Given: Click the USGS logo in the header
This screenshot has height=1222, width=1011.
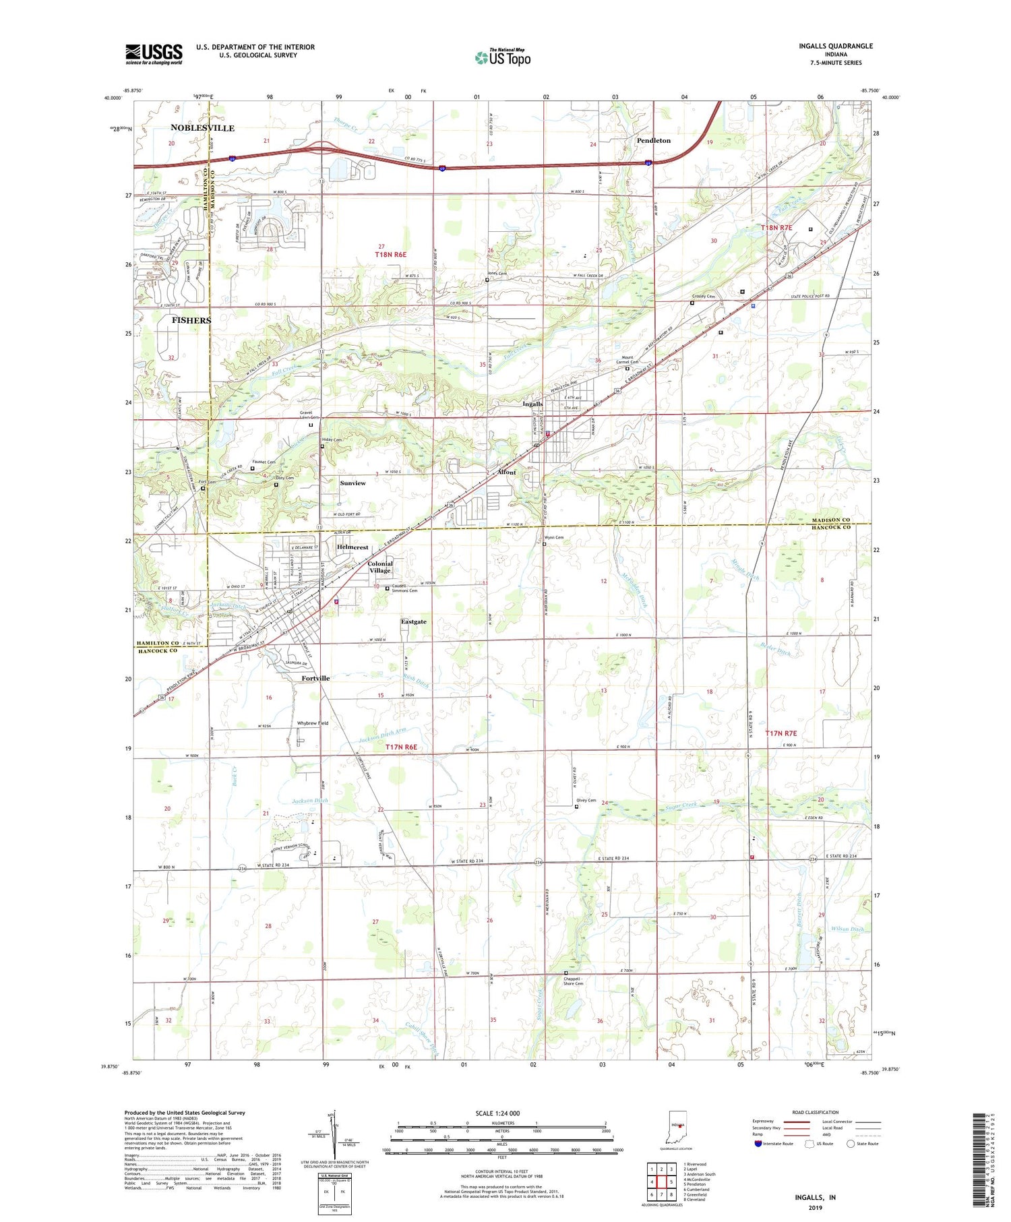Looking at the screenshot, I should click(154, 54).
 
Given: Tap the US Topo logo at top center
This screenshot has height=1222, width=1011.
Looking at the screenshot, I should click(503, 57).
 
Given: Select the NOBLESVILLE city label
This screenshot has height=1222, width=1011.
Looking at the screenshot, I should click(202, 128).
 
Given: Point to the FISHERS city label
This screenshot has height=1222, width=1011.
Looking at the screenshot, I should click(191, 320).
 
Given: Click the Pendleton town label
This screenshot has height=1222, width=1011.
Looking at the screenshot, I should click(653, 141).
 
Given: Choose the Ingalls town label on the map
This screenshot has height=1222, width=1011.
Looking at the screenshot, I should click(532, 404).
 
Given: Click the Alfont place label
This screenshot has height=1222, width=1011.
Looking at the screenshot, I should click(506, 472).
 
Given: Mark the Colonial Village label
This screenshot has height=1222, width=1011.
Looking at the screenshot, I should click(380, 567).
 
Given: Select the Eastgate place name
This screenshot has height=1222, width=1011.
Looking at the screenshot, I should click(413, 621).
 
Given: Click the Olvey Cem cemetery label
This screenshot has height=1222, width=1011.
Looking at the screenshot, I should click(586, 801).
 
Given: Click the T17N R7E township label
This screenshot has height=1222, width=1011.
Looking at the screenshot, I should click(780, 733).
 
